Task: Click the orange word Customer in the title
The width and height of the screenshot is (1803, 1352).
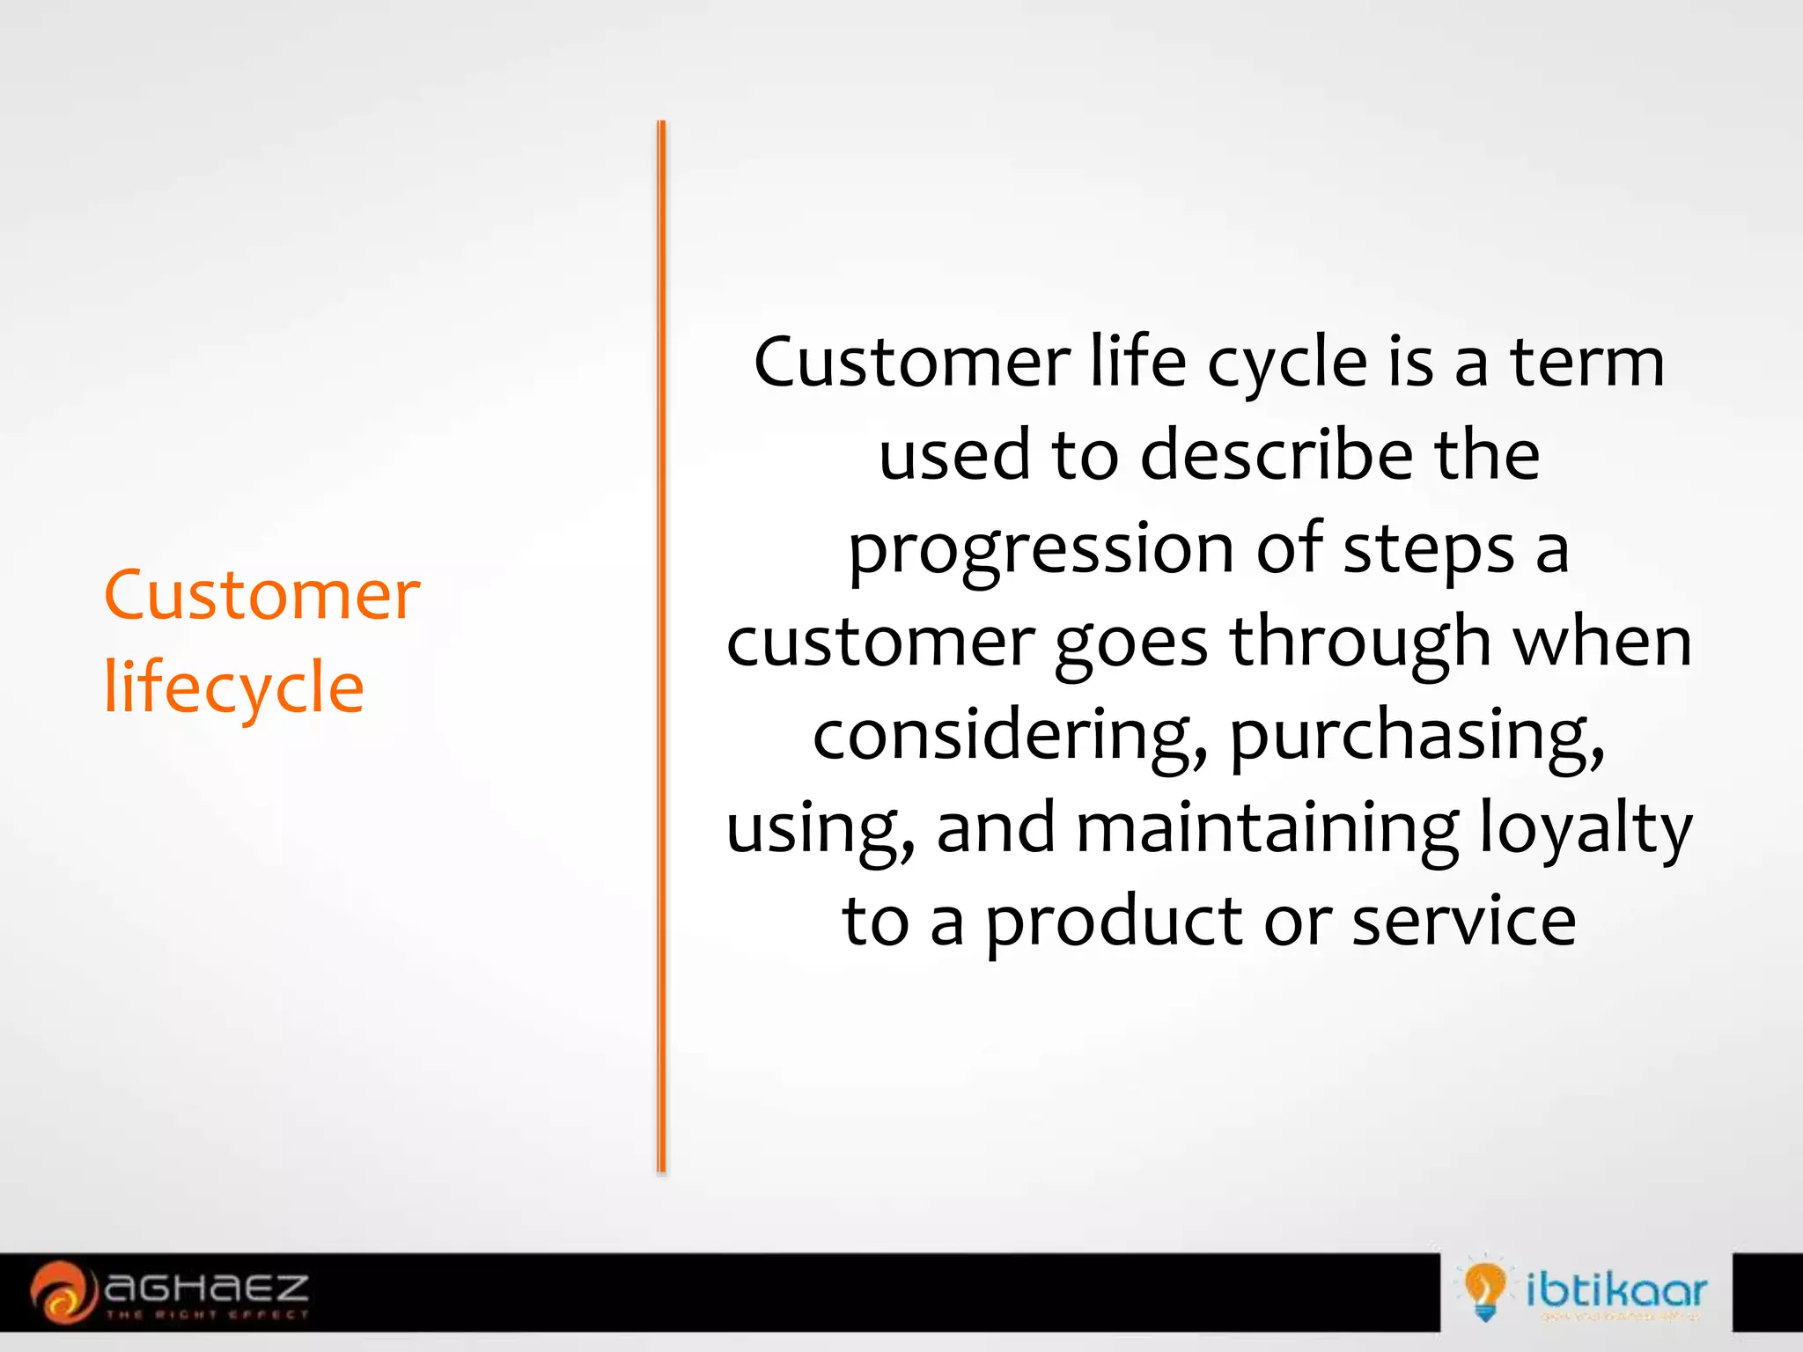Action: pos(261,596)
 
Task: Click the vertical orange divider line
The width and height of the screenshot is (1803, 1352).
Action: pos(661,647)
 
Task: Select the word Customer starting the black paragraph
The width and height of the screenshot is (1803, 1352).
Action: pos(912,363)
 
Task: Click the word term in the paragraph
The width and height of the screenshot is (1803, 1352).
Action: pos(1586,363)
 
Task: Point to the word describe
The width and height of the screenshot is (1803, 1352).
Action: pos(1277,456)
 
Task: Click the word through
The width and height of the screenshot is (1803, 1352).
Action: pos(1360,643)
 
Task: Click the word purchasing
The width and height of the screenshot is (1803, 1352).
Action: pos(1417,738)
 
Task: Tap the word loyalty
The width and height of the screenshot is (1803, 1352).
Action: pos(1585,829)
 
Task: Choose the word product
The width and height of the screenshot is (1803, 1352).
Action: pos(1114,922)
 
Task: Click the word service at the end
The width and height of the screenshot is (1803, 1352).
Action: pos(1463,922)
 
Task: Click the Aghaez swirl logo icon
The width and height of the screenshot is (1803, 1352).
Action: pos(61,1291)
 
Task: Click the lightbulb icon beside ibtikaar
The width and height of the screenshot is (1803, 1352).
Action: pos(1484,1290)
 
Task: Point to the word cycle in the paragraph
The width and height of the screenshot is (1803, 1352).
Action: pos(1286,363)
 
